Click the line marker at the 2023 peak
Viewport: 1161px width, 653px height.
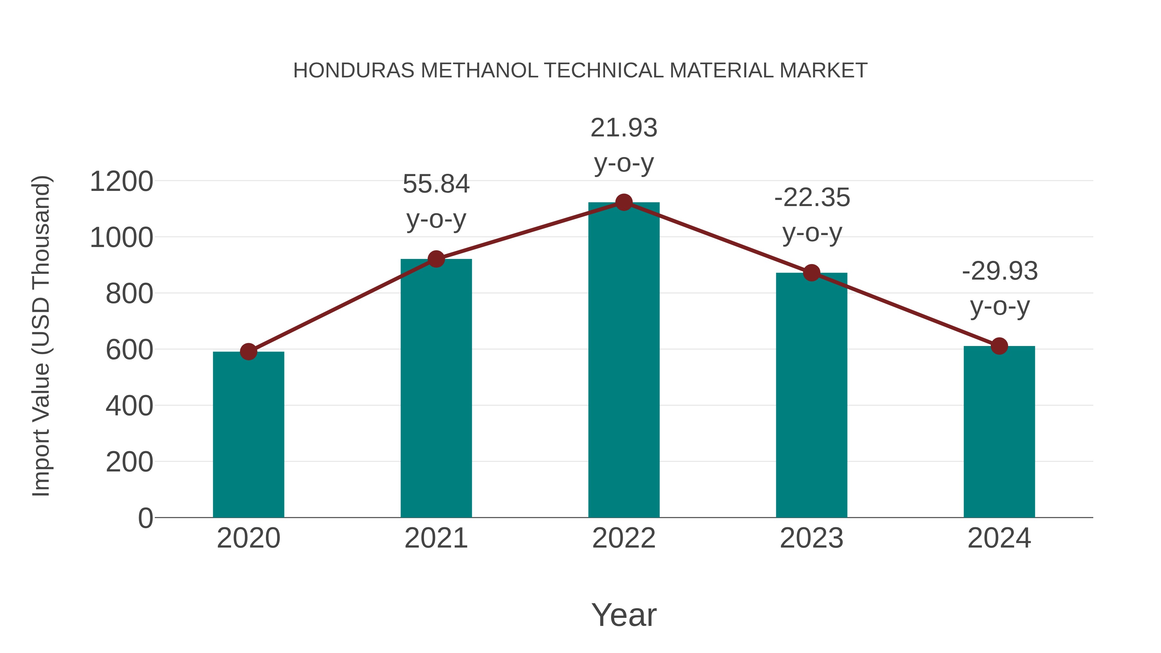tap(812, 272)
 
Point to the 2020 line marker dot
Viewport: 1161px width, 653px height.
tap(248, 351)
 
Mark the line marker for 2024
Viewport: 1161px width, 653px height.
tap(999, 346)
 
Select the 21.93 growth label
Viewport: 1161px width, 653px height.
tap(624, 145)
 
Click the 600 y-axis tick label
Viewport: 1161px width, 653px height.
tap(129, 350)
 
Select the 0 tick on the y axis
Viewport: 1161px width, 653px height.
tap(145, 518)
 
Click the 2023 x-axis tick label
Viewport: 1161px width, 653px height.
tap(812, 538)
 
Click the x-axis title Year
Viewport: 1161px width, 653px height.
tap(624, 615)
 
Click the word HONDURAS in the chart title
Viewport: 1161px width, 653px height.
tap(354, 71)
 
